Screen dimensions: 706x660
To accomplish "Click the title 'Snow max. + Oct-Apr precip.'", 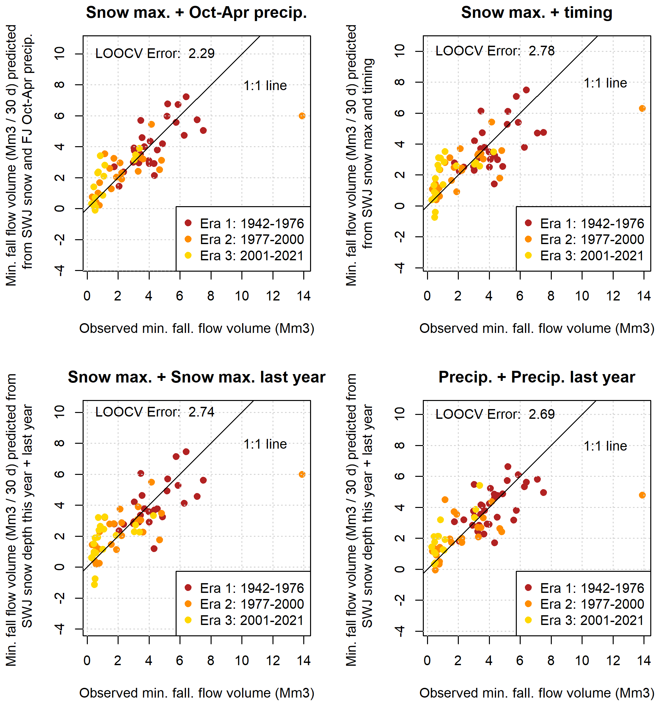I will (196, 13).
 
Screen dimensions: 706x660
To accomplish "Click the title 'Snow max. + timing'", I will (537, 13).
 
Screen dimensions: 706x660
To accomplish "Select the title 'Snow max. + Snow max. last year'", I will (196, 377).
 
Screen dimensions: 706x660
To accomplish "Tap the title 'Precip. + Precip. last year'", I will (537, 377).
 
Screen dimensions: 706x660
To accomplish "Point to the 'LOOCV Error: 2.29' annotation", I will (155, 53).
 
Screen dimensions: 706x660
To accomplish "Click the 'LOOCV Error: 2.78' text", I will (495, 51).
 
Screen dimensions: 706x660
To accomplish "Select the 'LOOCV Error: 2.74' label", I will (155, 412).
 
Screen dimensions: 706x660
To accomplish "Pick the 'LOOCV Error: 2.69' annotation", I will (495, 415).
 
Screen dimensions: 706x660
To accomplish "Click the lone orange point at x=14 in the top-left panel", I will (302, 116).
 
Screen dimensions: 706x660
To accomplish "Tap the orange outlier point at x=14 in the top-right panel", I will (642, 108).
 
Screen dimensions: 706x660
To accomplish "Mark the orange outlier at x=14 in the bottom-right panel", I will (642, 495).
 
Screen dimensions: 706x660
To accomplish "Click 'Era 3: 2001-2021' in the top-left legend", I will (251, 256).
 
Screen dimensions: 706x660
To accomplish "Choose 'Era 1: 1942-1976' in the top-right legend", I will (592, 223).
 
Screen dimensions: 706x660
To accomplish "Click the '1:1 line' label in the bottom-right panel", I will (605, 446).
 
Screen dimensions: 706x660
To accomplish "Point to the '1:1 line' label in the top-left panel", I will (265, 86).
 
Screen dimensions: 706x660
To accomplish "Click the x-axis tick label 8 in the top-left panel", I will (211, 296).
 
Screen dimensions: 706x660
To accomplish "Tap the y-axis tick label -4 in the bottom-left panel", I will (60, 629).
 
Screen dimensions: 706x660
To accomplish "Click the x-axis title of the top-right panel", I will (537, 328).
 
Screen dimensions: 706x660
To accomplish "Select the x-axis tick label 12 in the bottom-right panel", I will (613, 661).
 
